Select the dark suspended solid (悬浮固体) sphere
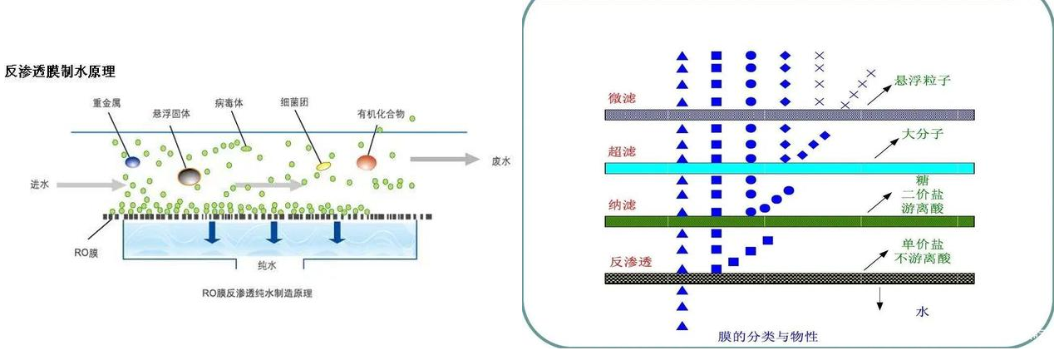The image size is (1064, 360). (190, 175)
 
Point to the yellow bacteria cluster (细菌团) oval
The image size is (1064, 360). (323, 166)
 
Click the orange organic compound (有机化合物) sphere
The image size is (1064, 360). (367, 160)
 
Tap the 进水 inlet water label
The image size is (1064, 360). (40, 185)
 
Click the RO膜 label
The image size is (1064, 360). (86, 249)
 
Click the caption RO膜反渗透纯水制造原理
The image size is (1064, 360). (263, 293)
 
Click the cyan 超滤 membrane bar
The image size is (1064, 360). (790, 168)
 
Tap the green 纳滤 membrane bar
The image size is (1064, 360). (790, 222)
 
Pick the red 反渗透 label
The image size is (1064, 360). (630, 262)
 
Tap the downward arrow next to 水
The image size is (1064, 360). (879, 299)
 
